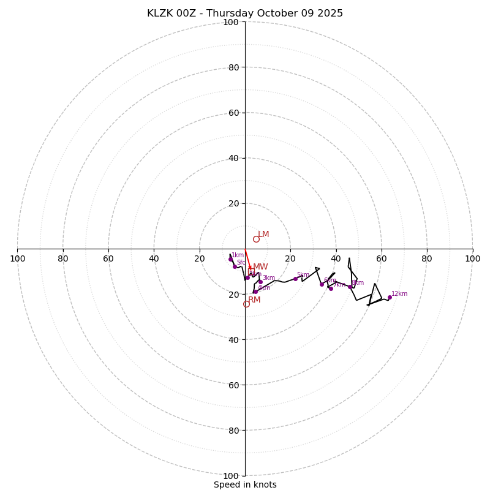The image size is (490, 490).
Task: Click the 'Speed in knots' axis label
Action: pyautogui.click(x=245, y=484)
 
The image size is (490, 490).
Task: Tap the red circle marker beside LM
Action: pyautogui.click(x=256, y=239)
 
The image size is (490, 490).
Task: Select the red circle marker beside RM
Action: pyautogui.click(x=246, y=304)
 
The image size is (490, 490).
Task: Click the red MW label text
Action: pyautogui.click(x=260, y=267)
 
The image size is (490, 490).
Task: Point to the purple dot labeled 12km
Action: pyautogui.click(x=390, y=298)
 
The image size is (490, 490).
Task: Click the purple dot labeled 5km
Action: pyautogui.click(x=295, y=279)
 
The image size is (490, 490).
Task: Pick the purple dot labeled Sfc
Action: pyautogui.click(x=235, y=266)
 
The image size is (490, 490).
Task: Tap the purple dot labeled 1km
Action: pyautogui.click(x=231, y=259)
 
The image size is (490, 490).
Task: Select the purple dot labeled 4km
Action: pyautogui.click(x=255, y=292)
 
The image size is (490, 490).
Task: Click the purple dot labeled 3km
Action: pyautogui.click(x=260, y=282)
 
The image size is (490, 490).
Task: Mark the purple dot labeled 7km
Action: pyautogui.click(x=331, y=288)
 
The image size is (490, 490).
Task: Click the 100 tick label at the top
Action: pyautogui.click(x=231, y=22)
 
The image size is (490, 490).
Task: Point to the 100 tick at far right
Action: pyautogui.click(x=473, y=258)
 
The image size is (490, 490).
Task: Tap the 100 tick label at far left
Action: pyautogui.click(x=17, y=258)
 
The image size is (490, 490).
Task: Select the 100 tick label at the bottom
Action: pyautogui.click(x=231, y=476)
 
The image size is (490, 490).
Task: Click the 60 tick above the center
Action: pyautogui.click(x=233, y=113)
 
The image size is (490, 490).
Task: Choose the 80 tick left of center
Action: pyautogui.click(x=63, y=258)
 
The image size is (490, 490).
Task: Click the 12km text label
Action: pyautogui.click(x=399, y=294)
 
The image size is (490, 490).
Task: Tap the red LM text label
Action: pyautogui.click(x=263, y=235)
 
